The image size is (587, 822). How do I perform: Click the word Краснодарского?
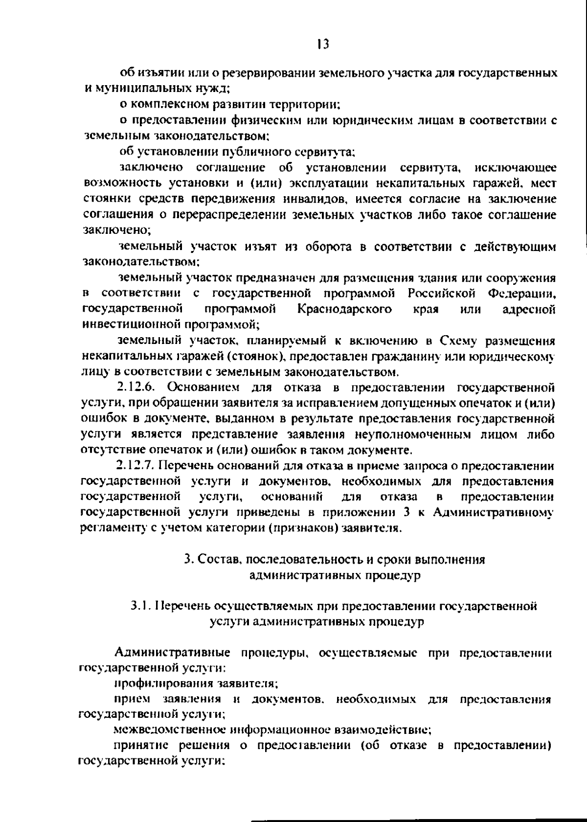(344, 309)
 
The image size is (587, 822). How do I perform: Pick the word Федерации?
(522, 294)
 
